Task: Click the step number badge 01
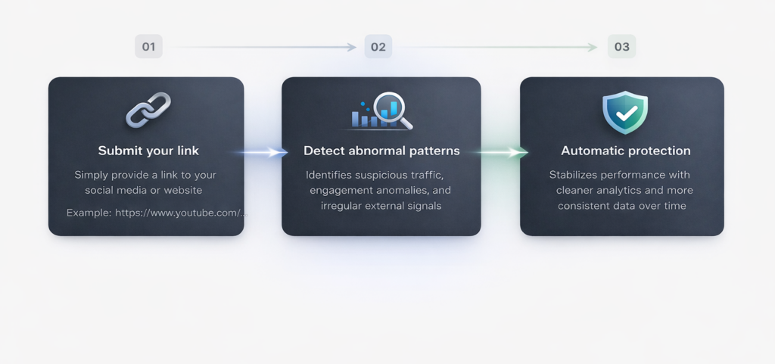coord(149,47)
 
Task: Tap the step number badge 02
coord(378,47)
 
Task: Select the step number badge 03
coord(622,47)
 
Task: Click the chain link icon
coord(148,110)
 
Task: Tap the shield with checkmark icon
coord(625,112)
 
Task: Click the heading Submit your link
coord(148,151)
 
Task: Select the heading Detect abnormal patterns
coord(381,151)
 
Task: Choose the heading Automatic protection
coord(626,151)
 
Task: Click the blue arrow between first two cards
coord(262,152)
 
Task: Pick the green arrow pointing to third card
coord(502,152)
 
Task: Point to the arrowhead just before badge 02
coord(351,47)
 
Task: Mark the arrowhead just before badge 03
coord(593,47)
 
